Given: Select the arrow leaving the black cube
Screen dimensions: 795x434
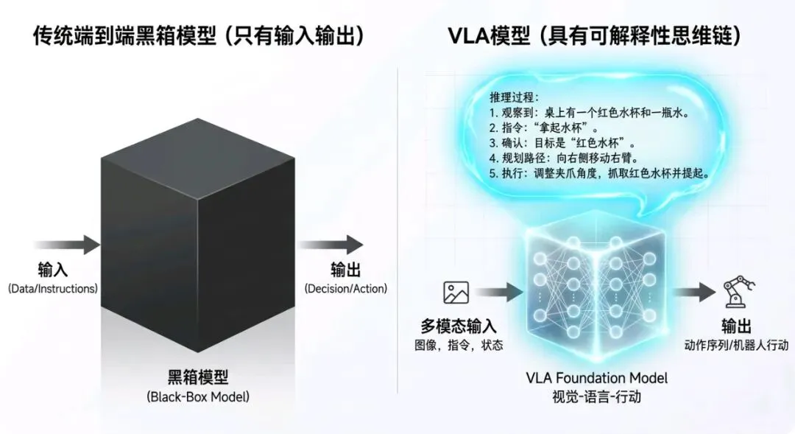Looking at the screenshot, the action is [334, 245].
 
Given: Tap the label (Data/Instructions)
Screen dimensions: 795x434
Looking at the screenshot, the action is [53, 289].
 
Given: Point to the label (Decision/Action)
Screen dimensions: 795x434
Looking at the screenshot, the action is [346, 289].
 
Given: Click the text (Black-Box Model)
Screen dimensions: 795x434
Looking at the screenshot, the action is [197, 397].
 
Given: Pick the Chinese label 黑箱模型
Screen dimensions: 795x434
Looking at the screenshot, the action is [197, 378].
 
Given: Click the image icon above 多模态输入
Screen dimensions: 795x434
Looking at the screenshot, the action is [456, 293].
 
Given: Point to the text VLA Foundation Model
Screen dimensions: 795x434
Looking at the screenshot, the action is [597, 378].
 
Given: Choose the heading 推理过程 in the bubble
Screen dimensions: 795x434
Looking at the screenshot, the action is [515, 97].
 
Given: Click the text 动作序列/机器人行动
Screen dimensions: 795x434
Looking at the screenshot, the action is [735, 345].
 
